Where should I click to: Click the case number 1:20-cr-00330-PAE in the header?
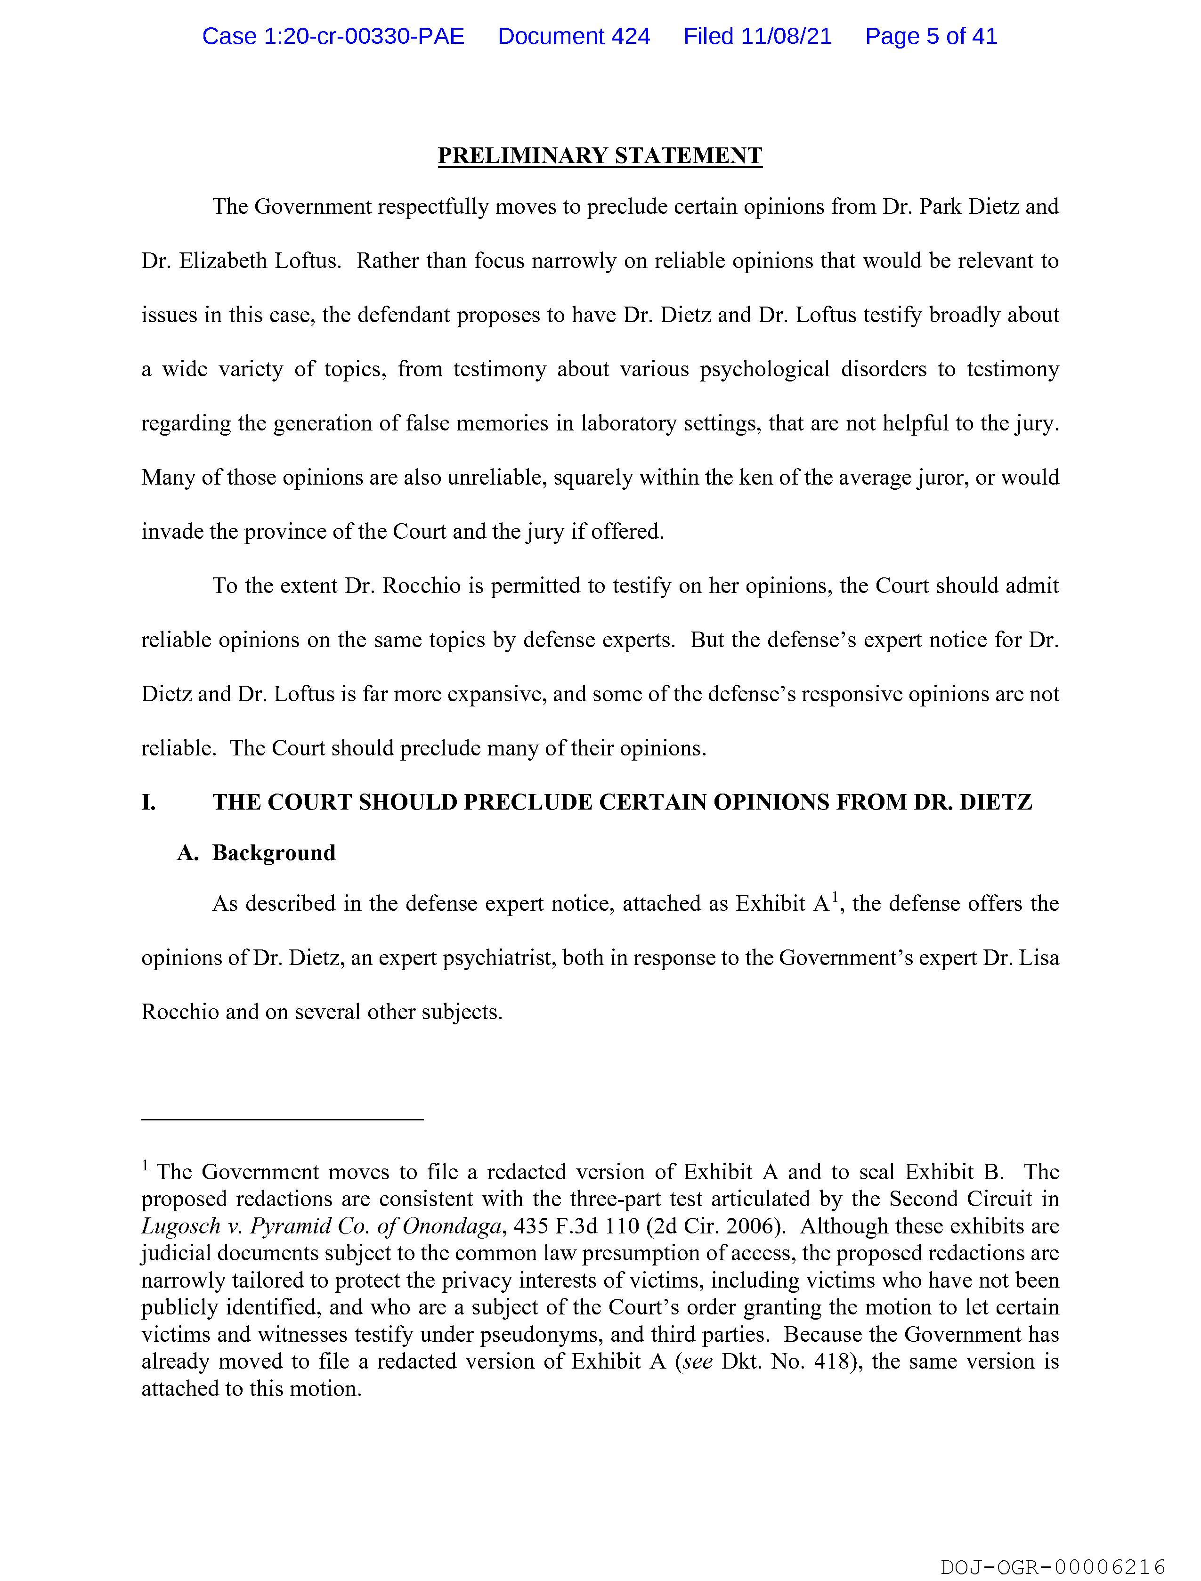click(333, 36)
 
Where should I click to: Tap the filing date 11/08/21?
click(787, 36)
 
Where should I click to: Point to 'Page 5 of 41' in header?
click(931, 36)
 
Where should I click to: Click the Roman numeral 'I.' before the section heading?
click(149, 803)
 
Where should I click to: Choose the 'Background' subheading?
click(274, 853)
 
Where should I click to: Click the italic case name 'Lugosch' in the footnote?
click(181, 1226)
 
